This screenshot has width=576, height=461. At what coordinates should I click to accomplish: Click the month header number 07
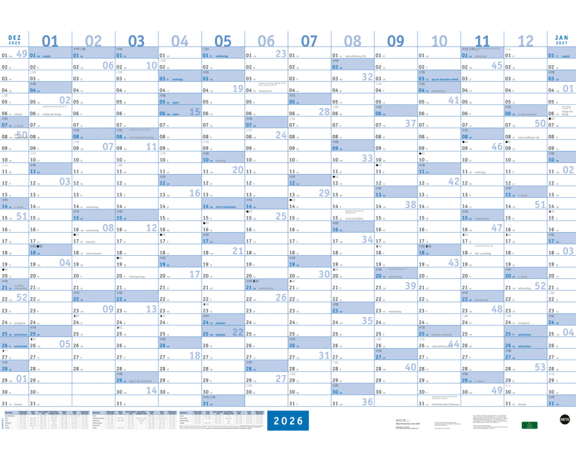click(309, 40)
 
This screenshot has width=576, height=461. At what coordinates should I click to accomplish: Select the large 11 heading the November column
click(482, 40)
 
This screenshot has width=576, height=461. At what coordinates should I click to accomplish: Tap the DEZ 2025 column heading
click(14, 40)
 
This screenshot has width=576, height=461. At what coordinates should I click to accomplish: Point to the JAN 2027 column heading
click(561, 40)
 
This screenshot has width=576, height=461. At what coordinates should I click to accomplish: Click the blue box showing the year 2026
click(287, 421)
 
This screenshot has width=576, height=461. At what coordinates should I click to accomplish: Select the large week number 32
click(367, 77)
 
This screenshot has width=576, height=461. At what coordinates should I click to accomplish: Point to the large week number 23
click(281, 54)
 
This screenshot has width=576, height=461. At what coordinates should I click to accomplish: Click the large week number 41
click(453, 100)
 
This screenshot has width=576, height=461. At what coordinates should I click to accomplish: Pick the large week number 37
click(410, 123)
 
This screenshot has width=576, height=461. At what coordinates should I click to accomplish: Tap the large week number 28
click(324, 112)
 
